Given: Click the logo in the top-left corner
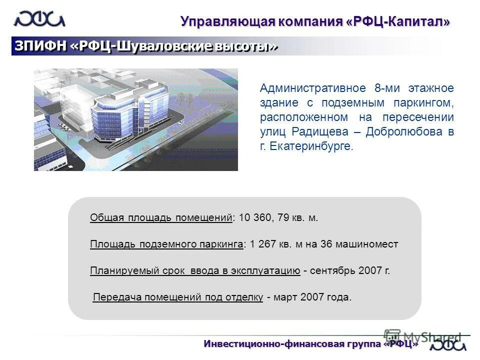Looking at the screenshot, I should [x=39, y=19].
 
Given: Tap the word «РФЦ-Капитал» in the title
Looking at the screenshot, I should [x=398, y=22].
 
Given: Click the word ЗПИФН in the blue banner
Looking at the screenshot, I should [x=40, y=46].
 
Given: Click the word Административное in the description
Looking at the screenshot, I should [x=313, y=88].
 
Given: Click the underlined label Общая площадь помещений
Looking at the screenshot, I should [x=161, y=218].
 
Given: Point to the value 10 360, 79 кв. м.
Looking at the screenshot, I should [x=278, y=218].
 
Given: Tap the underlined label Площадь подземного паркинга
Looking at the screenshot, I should [x=167, y=244].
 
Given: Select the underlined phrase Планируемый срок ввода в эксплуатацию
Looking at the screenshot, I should [x=195, y=271].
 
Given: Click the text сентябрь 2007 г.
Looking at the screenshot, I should [x=349, y=271].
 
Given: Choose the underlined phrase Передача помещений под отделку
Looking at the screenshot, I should [x=178, y=297].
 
